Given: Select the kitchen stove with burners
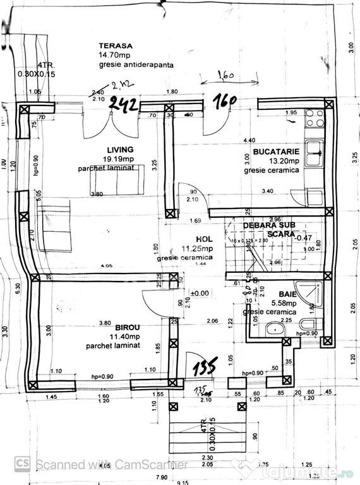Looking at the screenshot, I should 314,118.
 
